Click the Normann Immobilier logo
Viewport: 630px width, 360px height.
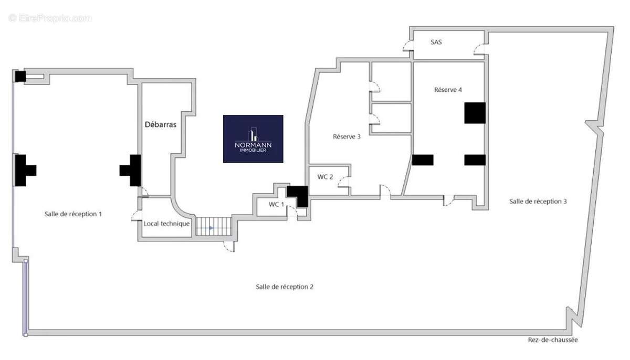pos(253,139)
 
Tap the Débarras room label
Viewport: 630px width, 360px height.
pos(161,124)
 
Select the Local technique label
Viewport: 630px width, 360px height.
pos(166,224)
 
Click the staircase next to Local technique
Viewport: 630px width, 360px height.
pos(214,226)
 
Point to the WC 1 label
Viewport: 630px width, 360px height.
pos(276,204)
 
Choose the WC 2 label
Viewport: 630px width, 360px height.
pos(325,177)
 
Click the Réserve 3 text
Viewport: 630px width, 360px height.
pos(346,136)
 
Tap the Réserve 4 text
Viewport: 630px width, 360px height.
pos(448,90)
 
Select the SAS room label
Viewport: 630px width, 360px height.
pos(436,42)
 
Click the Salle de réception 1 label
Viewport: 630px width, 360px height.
pos(73,214)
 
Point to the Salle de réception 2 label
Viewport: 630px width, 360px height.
pos(285,287)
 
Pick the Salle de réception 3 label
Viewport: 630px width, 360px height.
pos(538,201)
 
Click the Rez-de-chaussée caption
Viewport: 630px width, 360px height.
pos(553,340)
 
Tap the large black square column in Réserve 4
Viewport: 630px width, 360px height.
pos(475,113)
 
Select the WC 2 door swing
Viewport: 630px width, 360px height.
pos(344,182)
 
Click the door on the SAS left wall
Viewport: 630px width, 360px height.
pos(408,46)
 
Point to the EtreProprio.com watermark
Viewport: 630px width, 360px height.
pos(50,18)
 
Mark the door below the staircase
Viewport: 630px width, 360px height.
pos(229,247)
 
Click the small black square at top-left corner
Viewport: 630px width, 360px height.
pos(20,77)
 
